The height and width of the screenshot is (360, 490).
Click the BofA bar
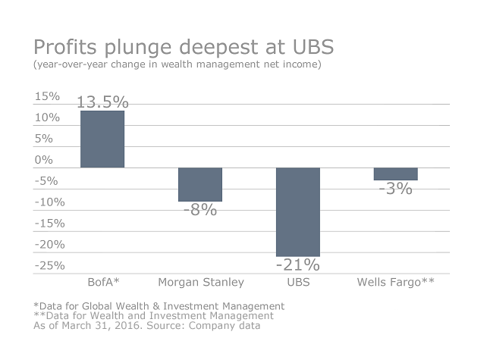tap(102, 139)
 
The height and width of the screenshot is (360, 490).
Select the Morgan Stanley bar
tap(200, 184)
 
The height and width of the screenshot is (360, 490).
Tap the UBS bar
tap(298, 211)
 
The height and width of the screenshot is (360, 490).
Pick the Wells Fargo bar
tap(396, 174)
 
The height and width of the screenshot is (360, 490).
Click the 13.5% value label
tap(102, 102)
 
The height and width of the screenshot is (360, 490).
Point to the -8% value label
tap(200, 210)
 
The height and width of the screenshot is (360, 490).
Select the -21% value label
tap(298, 265)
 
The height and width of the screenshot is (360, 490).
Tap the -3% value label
tap(396, 189)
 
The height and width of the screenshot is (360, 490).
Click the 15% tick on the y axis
tap(47, 96)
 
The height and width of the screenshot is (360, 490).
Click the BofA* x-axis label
tap(102, 283)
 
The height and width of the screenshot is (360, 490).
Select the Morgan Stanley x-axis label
tap(201, 283)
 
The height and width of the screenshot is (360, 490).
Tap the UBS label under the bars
tap(298, 283)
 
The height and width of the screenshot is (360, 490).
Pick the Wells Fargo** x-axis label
tap(396, 283)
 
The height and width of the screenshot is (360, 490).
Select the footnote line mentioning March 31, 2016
tap(146, 326)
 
